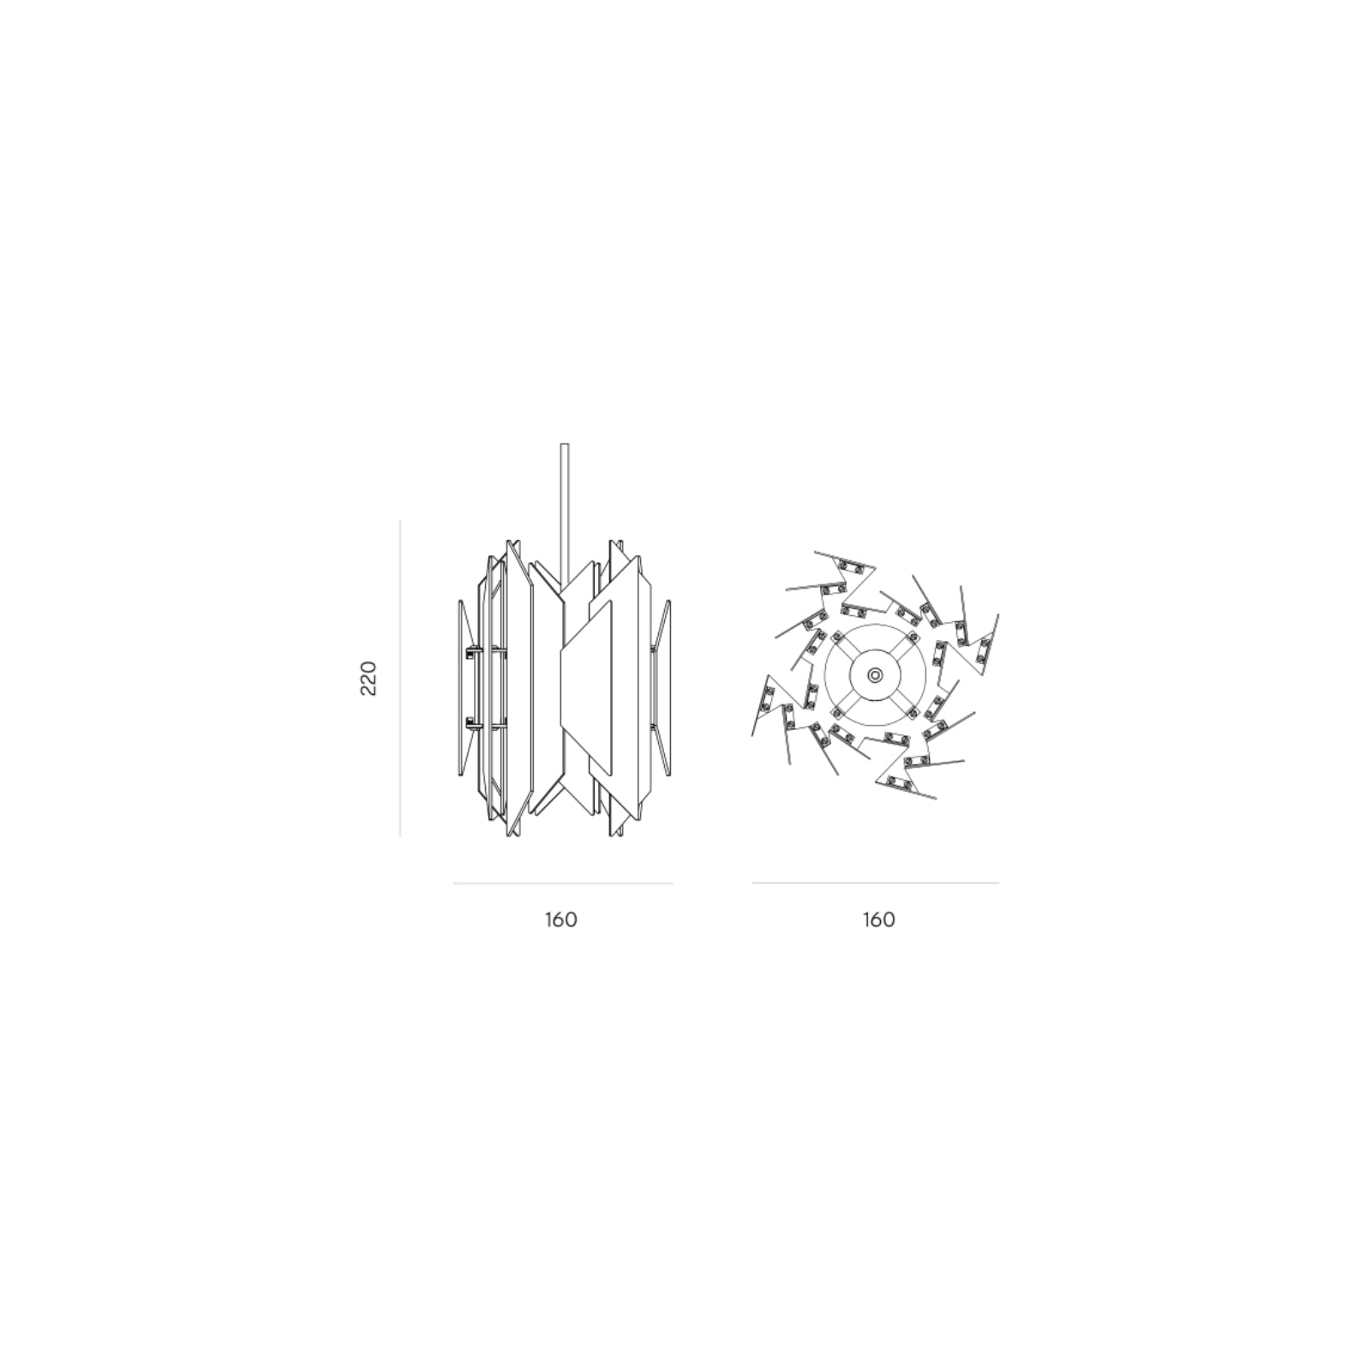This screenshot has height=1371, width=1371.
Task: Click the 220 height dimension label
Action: point(368,678)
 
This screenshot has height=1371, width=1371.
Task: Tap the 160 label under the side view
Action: point(560,919)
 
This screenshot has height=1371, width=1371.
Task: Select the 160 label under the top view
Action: point(878,919)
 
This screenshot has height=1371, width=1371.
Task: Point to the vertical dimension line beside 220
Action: point(400,678)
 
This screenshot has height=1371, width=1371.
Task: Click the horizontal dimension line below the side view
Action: point(563,883)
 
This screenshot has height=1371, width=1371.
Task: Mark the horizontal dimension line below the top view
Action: point(876,883)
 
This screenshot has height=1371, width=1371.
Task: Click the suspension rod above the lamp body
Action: point(564,510)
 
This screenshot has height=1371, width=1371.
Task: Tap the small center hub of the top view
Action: point(874,675)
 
